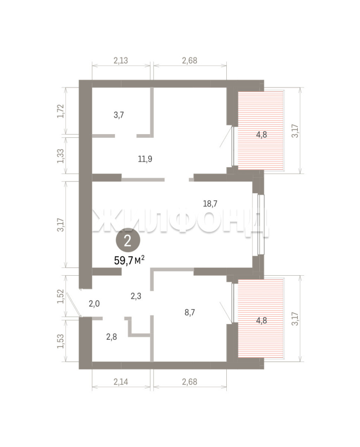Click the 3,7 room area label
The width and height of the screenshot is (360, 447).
(x=119, y=115)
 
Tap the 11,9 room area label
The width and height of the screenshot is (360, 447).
(x=145, y=159)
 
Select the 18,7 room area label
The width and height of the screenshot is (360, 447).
(x=210, y=204)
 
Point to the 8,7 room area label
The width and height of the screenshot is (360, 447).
(x=190, y=312)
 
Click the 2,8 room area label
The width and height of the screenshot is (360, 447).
(x=111, y=337)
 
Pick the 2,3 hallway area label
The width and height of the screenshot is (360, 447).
(x=136, y=296)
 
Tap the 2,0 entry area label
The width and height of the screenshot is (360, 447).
(x=94, y=304)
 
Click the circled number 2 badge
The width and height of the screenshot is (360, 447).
(x=128, y=241)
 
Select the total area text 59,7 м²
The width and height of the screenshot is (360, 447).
(x=129, y=260)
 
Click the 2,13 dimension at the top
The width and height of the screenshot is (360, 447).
(x=121, y=60)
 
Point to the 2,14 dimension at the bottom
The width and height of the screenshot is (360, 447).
(x=121, y=382)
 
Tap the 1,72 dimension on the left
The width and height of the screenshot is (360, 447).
(x=61, y=111)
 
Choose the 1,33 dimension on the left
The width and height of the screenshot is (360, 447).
(x=61, y=156)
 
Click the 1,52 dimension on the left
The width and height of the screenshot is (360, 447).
(x=61, y=296)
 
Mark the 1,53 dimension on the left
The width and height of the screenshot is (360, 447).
(x=61, y=341)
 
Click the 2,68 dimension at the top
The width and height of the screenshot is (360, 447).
(x=190, y=60)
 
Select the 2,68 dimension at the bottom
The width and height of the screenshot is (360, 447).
(x=190, y=382)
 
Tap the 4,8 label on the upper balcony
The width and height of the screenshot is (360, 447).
(x=262, y=135)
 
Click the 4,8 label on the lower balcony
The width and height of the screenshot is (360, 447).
(x=262, y=320)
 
